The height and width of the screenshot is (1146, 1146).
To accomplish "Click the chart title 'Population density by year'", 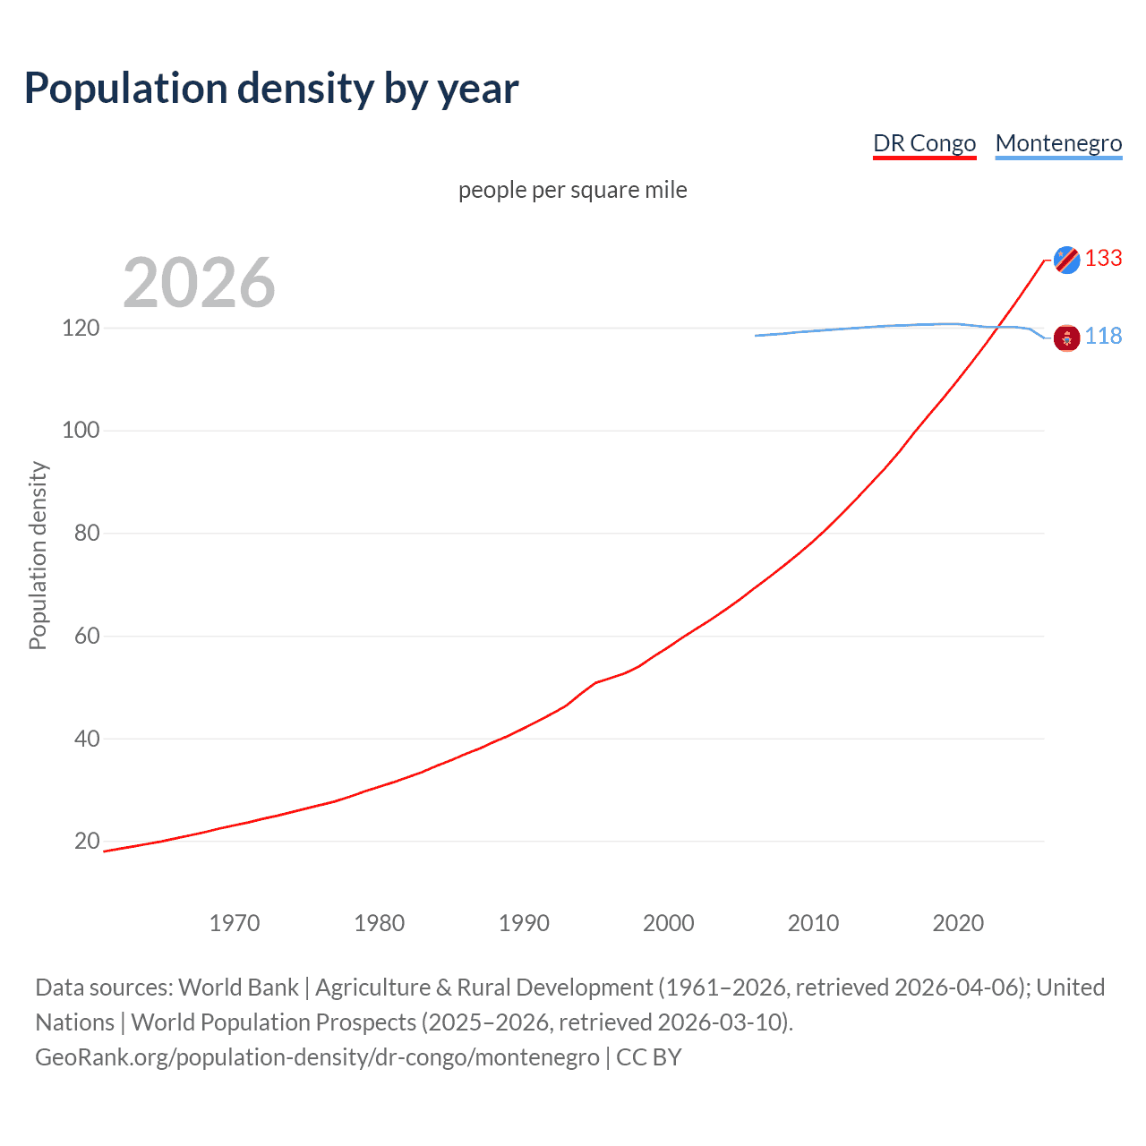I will [x=271, y=89].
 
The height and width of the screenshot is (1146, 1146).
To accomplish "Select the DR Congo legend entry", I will [x=924, y=143].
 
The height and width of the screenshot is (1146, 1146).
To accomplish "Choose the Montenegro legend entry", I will [x=1058, y=143].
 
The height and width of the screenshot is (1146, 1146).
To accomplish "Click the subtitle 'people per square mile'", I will [x=572, y=190].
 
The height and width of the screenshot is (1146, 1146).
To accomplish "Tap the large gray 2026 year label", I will [x=199, y=283].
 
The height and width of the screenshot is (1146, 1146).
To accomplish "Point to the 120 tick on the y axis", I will [x=81, y=328].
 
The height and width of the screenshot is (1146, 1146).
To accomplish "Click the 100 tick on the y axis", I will [x=81, y=431].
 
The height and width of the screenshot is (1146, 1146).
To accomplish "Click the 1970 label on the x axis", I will [x=235, y=923].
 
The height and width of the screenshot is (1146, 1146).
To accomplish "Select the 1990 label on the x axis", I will [x=524, y=923].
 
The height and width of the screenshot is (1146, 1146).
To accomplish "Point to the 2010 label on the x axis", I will [x=813, y=923].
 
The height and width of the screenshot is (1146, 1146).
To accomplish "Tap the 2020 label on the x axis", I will [x=958, y=923].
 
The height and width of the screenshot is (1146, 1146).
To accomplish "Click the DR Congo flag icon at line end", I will [x=1066, y=260].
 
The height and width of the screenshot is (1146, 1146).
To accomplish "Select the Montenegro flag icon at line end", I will [x=1066, y=338].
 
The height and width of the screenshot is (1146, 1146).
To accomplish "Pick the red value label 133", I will [x=1103, y=259].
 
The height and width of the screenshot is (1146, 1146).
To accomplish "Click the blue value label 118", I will [x=1103, y=336].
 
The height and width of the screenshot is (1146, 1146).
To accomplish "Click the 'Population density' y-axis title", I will [x=38, y=555].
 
